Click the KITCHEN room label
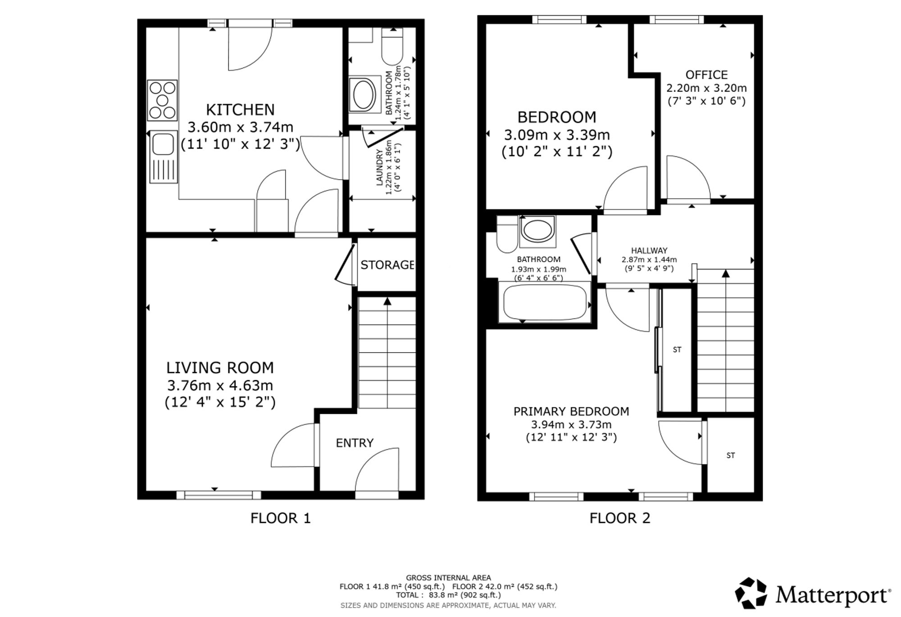pos(240,110)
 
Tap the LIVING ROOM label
pos(220,368)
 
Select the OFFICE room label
pos(706,75)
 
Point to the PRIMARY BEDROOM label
pos(571,411)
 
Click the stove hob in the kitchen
pos(162,100)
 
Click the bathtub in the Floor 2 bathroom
pos(545,302)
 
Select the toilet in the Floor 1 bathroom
pos(392,46)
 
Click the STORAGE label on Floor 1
pos(387,265)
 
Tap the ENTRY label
pos(355,443)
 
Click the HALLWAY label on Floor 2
pos(649,250)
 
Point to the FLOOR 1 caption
pos(281,518)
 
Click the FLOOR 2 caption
pos(620,518)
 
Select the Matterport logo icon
pos(751,593)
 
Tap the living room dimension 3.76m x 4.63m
pos(220,386)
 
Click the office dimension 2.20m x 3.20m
pos(706,88)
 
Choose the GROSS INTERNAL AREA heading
pos(448,578)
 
